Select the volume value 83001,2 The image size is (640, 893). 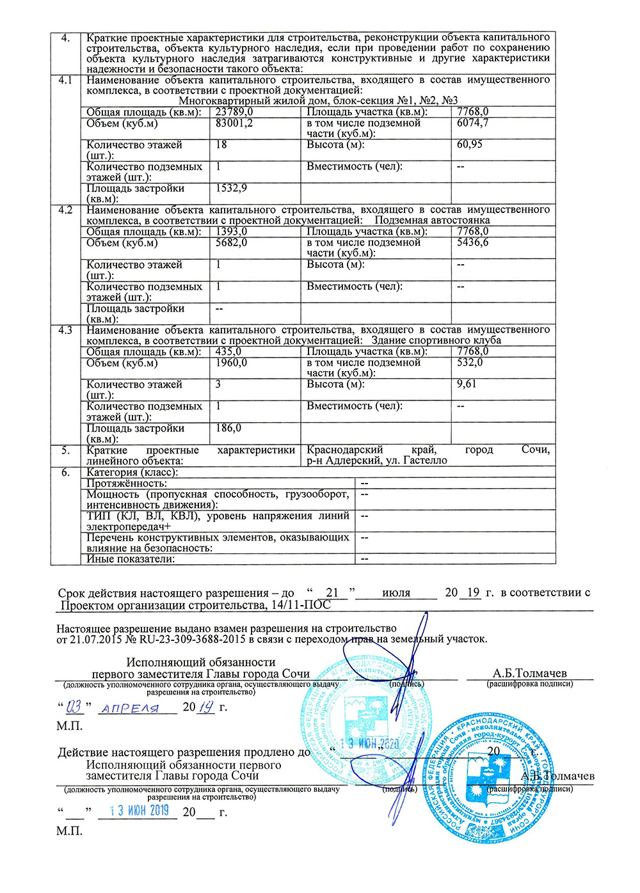tap(234, 123)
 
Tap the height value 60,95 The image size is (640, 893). tap(470, 145)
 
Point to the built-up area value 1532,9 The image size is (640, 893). tap(231, 188)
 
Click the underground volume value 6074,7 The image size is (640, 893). tap(473, 123)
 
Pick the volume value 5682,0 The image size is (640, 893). tap(231, 243)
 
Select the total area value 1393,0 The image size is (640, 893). tap(231, 232)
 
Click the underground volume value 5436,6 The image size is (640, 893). tap(473, 243)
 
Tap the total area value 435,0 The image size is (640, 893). tap(228, 352)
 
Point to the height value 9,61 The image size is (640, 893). tap(467, 384)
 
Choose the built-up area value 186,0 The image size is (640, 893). tap(228, 428)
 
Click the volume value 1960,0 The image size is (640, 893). tap(231, 363)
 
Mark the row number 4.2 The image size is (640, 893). tap(65, 210)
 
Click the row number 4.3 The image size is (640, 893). tap(65, 330)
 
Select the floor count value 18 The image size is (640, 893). tap(221, 145)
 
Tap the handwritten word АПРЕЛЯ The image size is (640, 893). tap(131, 708)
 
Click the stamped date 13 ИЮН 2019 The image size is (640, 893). tap(140, 811)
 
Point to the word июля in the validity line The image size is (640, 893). tap(396, 593)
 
